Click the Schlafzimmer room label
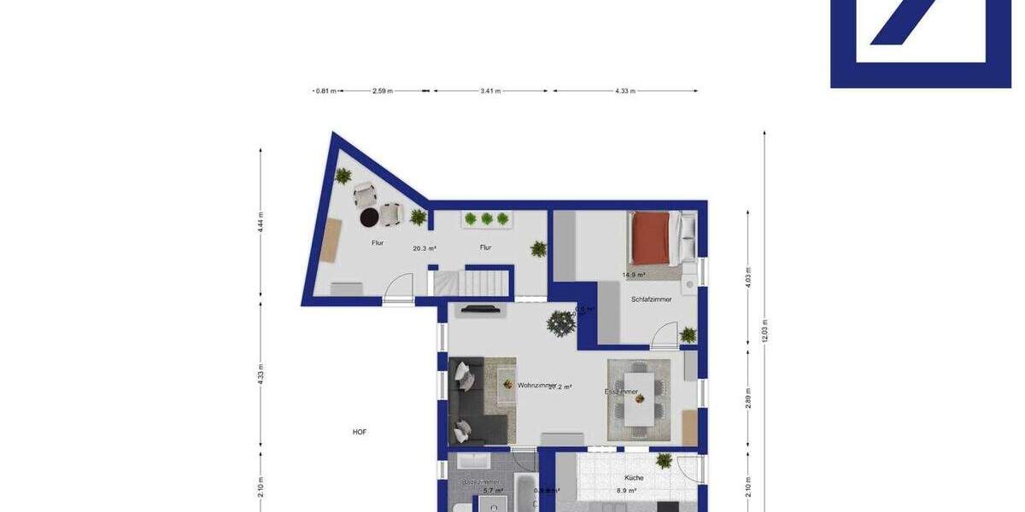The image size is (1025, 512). coord(651,300)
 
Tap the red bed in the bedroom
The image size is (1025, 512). coord(651,237)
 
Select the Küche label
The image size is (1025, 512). coord(633,478)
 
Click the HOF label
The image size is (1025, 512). coord(360,432)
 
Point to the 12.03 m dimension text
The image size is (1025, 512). coord(765,329)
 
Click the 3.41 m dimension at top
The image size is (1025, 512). coord(491,90)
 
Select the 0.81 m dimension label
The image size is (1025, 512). coord(325,90)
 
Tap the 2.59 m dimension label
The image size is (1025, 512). coord(382,90)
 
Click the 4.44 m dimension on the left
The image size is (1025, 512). coord(261,224)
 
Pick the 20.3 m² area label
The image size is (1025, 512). coord(425,249)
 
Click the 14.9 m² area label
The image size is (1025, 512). coord(633,275)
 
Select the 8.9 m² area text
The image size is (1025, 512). coord(627,492)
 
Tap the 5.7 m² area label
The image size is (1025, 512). coord(493,492)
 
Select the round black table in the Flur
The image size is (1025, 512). coord(369,218)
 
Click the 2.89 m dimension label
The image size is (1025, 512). coord(748,398)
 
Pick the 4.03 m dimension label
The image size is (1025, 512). coord(748,278)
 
